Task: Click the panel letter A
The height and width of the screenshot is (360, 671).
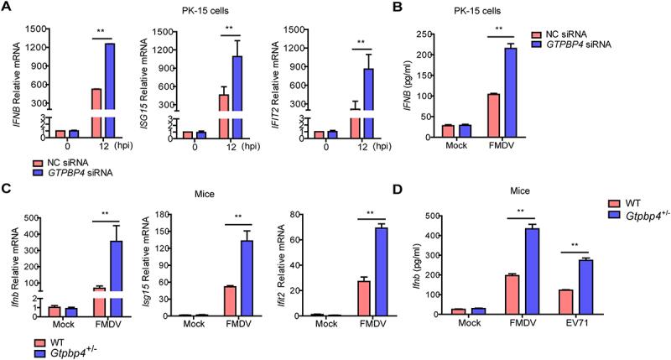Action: point(7,8)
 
